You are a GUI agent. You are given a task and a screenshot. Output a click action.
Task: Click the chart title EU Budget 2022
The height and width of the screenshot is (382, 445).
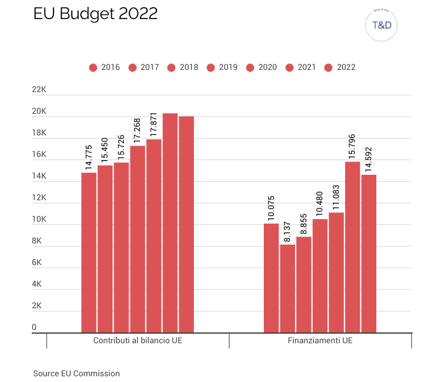point(95,15)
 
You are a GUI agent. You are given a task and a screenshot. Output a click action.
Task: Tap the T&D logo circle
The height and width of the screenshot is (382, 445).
point(381,26)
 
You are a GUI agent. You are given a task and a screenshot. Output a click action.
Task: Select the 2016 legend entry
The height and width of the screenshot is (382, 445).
point(104,67)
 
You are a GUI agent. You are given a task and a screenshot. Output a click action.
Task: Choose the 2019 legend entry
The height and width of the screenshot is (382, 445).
point(222,67)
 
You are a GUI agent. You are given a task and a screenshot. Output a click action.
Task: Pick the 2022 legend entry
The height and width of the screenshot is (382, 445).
point(340,67)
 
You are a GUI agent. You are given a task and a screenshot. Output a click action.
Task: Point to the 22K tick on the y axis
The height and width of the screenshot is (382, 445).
point(39,90)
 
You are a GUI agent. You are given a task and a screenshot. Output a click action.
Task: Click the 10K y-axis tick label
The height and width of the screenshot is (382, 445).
point(39,220)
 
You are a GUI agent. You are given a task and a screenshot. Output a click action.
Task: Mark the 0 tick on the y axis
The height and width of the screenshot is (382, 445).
point(34,327)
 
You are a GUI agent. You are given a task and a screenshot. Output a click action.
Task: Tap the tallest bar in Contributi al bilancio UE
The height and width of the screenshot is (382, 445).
point(170,222)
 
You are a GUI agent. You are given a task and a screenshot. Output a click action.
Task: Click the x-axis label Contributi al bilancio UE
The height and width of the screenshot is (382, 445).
point(137,341)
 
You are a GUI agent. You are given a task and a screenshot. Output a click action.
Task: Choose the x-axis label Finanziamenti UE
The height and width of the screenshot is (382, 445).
point(320,341)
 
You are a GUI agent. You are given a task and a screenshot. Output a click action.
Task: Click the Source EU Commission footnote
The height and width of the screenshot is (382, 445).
point(76,374)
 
